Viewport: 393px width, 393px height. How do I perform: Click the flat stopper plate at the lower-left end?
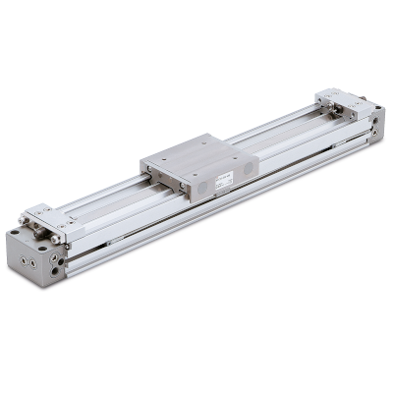pos(43,211)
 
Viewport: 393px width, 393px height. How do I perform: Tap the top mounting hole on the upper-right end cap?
pos(376,105)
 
